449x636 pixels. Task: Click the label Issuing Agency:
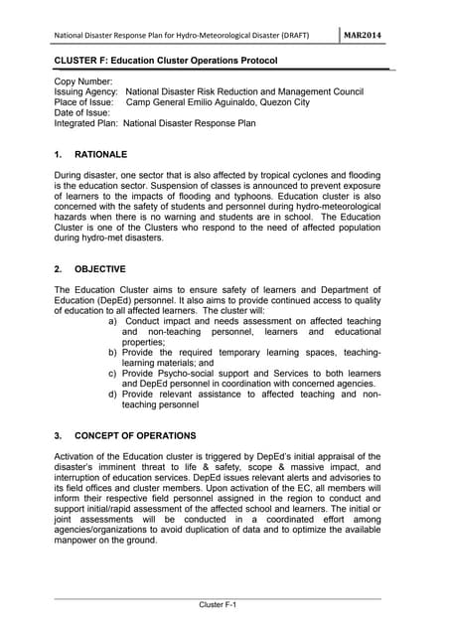[86, 90]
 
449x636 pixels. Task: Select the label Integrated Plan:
[86, 123]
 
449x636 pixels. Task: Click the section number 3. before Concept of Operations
[58, 436]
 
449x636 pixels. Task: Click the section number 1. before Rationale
[58, 155]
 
